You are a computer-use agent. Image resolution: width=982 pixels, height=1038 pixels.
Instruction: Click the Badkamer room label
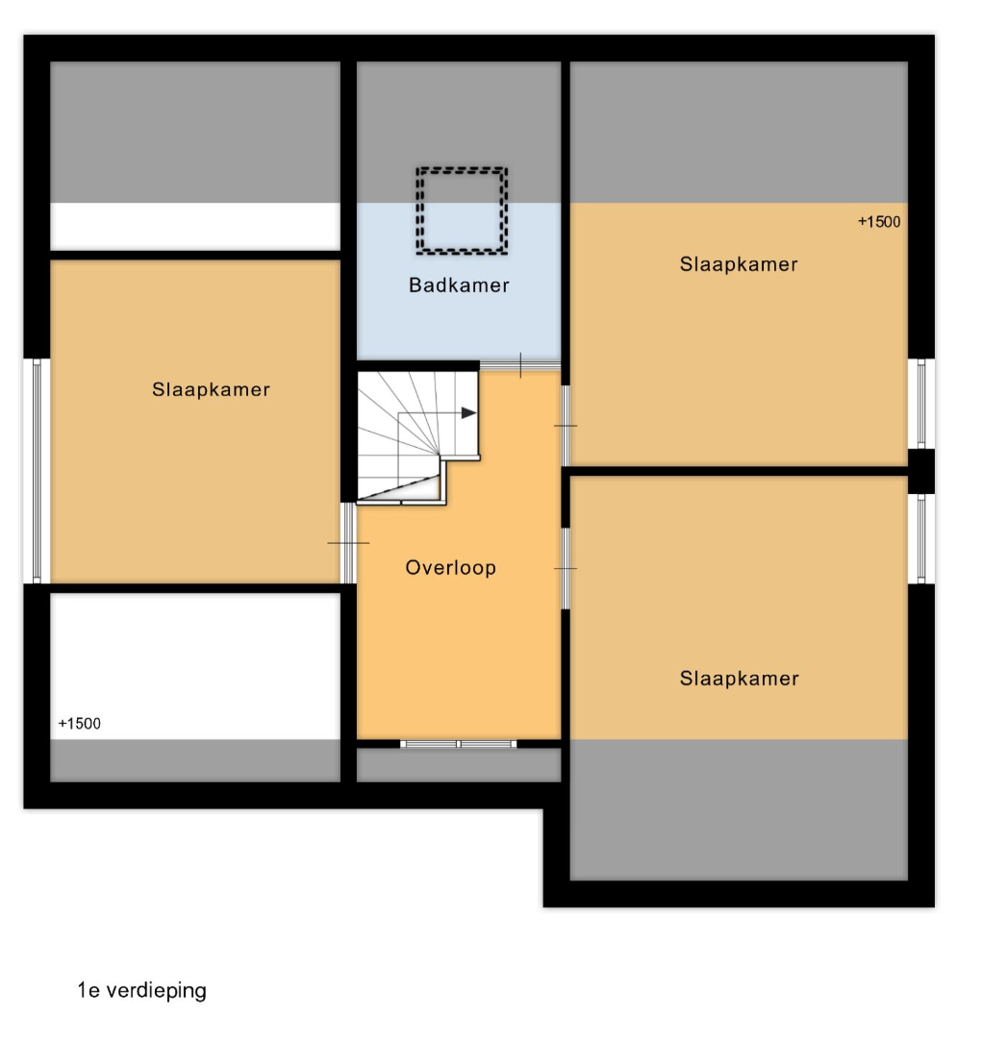(459, 285)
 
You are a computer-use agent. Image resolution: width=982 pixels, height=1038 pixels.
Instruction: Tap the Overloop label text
(450, 568)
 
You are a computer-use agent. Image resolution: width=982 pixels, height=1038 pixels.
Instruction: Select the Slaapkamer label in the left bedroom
(211, 389)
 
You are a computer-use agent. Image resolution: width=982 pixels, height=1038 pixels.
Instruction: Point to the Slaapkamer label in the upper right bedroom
(738, 264)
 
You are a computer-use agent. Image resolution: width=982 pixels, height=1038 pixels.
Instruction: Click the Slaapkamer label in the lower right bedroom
(739, 679)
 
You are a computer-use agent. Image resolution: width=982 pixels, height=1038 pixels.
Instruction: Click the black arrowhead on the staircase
(468, 413)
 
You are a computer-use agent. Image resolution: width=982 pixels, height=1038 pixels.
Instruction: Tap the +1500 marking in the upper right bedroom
(879, 222)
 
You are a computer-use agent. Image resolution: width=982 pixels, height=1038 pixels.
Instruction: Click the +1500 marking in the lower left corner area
(80, 724)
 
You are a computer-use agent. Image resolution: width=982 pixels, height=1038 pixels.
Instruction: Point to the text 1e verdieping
(141, 990)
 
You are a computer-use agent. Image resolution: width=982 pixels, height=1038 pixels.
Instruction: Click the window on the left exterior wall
(37, 471)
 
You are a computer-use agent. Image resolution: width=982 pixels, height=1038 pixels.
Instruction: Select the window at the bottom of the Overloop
(459, 744)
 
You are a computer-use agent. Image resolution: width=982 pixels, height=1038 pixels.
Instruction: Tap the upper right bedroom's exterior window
(921, 403)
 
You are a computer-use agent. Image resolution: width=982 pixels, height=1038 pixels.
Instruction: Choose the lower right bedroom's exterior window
(921, 539)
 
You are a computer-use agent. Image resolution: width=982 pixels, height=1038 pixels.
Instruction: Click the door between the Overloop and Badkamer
(520, 365)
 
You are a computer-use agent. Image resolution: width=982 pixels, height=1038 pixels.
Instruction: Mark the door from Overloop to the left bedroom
(348, 543)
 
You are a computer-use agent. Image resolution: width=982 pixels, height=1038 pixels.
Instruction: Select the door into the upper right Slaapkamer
(566, 426)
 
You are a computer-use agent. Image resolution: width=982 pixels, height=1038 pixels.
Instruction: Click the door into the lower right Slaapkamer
(566, 568)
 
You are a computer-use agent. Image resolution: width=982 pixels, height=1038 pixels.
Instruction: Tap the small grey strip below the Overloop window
(459, 765)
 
